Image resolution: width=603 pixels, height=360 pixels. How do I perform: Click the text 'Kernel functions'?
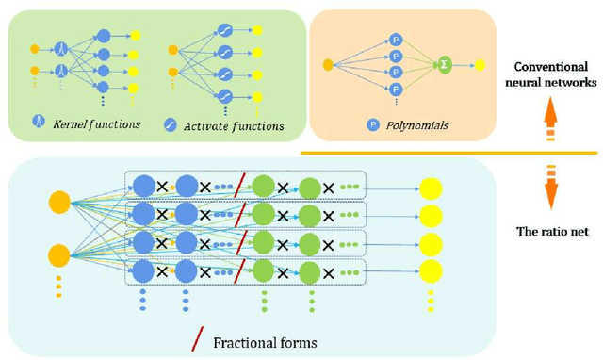pos(98,123)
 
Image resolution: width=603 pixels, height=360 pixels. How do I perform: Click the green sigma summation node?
pos(442,65)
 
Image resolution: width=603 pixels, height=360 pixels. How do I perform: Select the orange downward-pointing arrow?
pos(549,188)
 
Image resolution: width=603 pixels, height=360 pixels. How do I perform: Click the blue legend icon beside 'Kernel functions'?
pos(40,123)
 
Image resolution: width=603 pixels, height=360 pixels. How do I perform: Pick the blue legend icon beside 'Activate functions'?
pos(171,123)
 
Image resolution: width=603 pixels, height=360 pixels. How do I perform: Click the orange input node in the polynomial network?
pos(329,65)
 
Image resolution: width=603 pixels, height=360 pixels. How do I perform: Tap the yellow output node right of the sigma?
pos(481,65)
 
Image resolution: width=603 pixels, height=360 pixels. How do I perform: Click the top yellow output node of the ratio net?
pos(430,188)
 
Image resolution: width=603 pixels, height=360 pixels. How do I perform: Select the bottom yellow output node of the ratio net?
pos(430,271)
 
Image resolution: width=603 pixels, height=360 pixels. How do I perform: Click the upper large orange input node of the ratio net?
pos(59,200)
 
